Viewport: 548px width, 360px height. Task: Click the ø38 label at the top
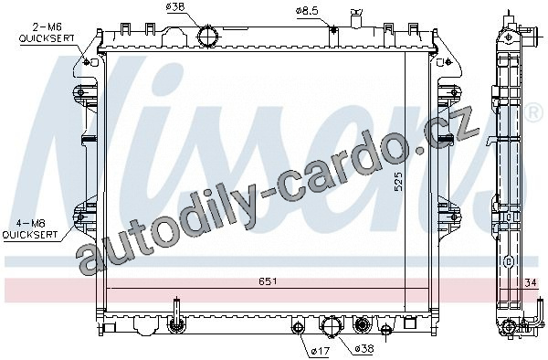(x=175, y=7)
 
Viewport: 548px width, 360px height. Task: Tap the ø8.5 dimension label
(x=307, y=11)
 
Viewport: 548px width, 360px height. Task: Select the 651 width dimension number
(x=268, y=281)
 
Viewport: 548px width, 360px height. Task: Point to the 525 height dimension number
(x=398, y=181)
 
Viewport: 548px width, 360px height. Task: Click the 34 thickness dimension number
(x=530, y=282)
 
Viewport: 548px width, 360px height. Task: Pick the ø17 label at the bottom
(x=320, y=351)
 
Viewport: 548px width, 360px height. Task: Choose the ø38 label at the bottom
(x=364, y=348)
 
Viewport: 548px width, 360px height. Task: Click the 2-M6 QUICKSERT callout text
(x=47, y=33)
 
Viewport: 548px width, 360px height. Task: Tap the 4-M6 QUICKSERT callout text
(x=30, y=229)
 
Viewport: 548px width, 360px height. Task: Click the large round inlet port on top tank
(x=208, y=36)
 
